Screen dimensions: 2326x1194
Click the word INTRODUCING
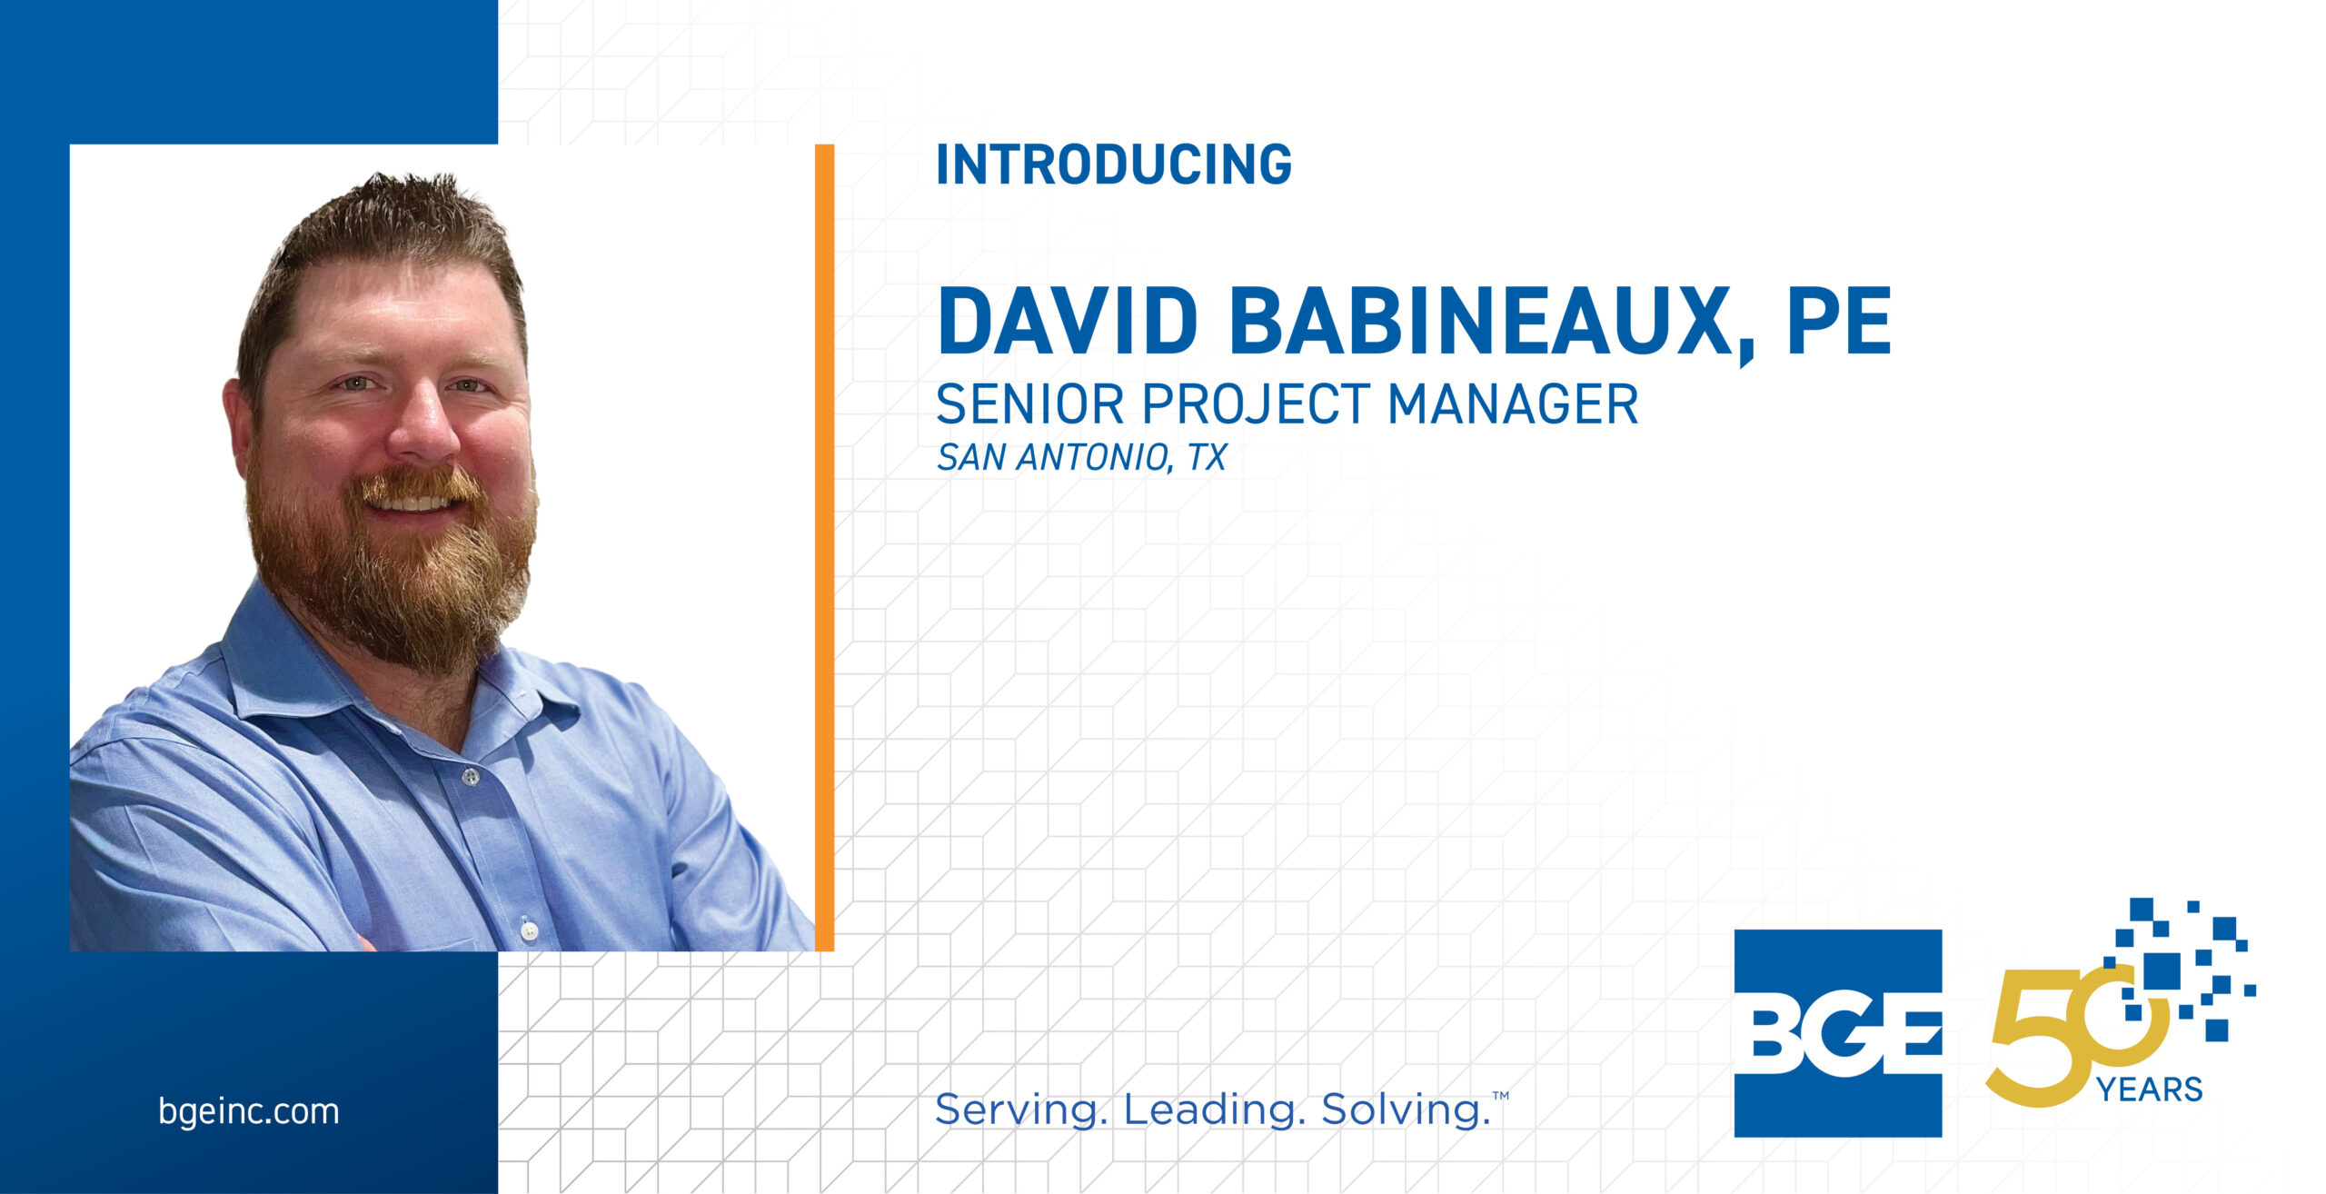(x=1114, y=164)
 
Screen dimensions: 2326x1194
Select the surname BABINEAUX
(x=1482, y=320)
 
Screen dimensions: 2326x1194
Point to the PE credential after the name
(x=1839, y=320)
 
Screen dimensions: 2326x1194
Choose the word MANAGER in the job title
(x=1514, y=404)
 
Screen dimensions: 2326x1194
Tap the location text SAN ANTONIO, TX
(x=1081, y=458)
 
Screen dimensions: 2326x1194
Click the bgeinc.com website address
(x=248, y=1111)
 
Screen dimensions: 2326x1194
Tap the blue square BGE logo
(x=1837, y=1033)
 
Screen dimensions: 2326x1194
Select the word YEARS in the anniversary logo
(x=2149, y=1089)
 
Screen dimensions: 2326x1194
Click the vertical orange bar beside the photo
(x=824, y=548)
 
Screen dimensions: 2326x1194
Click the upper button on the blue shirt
(x=470, y=777)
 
